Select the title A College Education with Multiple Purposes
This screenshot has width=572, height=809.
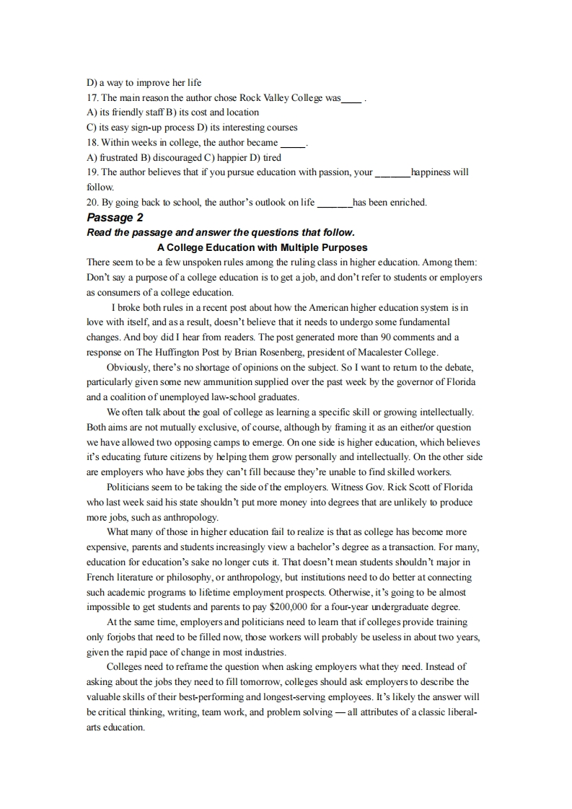262,247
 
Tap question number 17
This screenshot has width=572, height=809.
92,97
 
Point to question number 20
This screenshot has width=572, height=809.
92,203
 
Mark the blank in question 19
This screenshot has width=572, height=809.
392,173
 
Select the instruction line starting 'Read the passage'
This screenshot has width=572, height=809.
221,232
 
